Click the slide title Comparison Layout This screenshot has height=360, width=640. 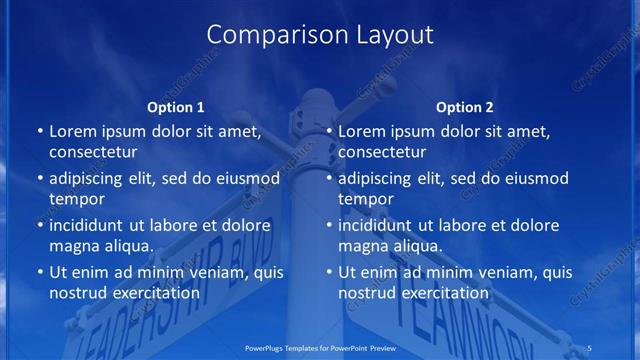click(320, 35)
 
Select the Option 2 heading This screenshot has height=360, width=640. click(465, 107)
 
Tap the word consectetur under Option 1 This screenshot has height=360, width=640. click(93, 152)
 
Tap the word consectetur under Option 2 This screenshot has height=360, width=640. click(383, 152)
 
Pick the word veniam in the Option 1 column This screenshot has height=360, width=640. click(210, 272)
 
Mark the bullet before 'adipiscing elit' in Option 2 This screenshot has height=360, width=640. click(330, 180)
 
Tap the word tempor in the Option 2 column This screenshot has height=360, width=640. click(366, 199)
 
